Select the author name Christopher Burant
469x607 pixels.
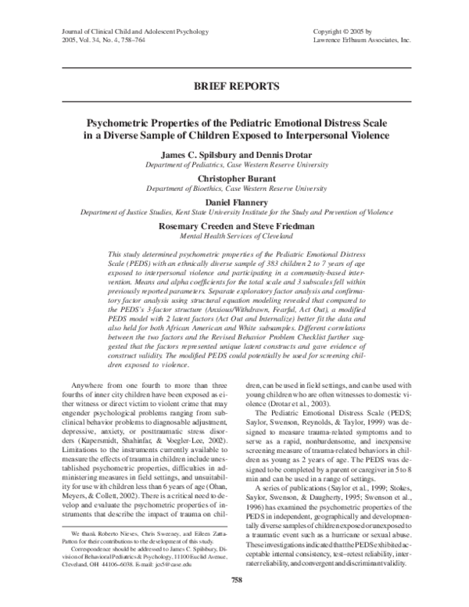tap(234, 178)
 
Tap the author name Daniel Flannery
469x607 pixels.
tap(234, 202)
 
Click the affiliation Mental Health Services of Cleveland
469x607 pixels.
tap(234, 236)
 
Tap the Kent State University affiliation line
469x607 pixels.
tap(234, 212)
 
